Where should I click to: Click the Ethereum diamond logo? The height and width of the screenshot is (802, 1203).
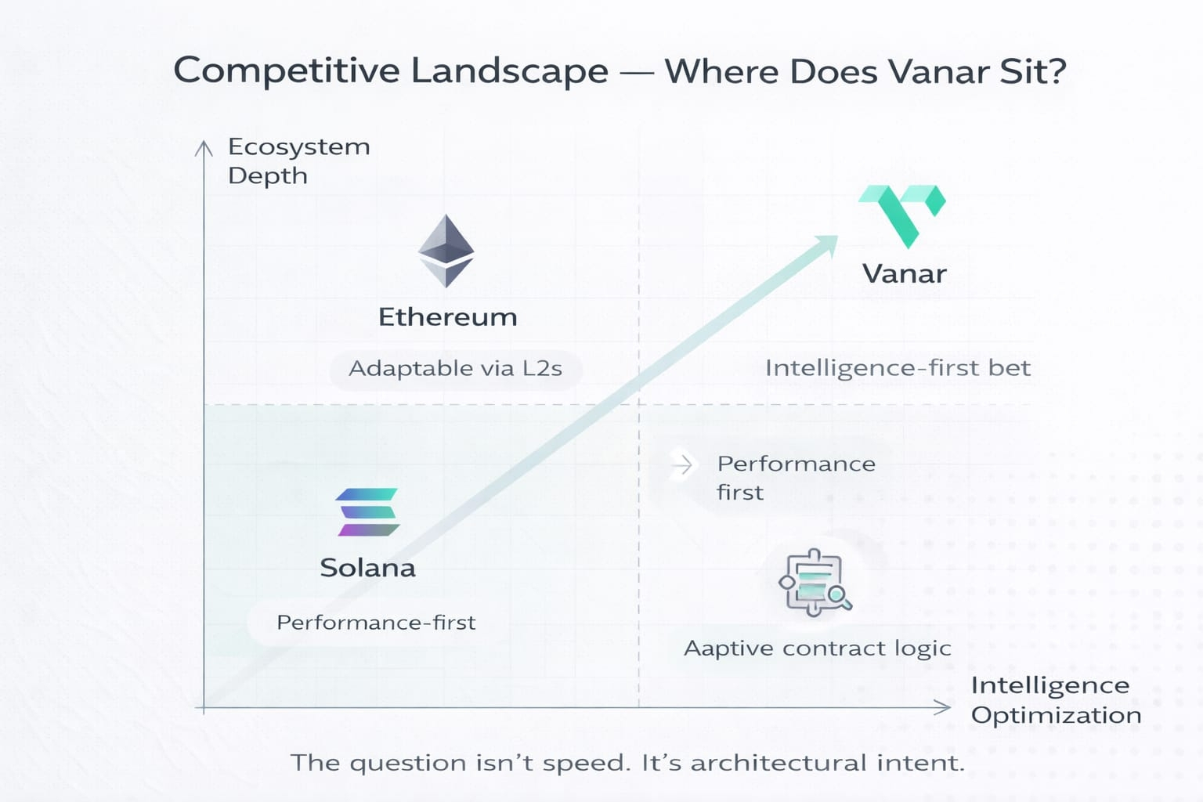(446, 251)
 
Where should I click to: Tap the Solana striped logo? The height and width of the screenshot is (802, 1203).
(367, 512)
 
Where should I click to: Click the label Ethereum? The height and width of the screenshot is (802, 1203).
(447, 317)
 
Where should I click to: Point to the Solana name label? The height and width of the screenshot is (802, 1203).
(367, 568)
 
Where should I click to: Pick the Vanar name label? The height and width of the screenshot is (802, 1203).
(904, 274)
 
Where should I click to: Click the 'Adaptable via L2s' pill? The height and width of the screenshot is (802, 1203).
(455, 369)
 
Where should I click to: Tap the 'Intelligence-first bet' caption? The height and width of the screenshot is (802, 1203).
(898, 368)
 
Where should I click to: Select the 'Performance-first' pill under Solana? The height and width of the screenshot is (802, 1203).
(376, 623)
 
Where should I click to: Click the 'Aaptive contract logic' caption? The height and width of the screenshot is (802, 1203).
(817, 648)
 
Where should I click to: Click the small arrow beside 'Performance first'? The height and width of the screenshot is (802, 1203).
(683, 464)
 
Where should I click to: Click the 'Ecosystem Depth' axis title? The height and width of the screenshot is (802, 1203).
(298, 161)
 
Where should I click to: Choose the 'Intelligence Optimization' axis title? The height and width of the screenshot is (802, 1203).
(1055, 699)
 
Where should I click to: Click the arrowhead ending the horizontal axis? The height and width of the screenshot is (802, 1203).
(943, 708)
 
